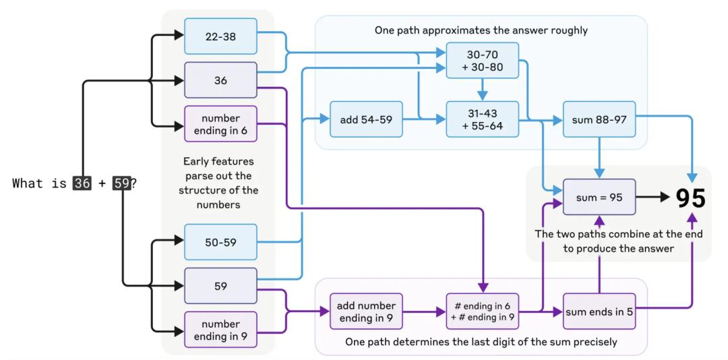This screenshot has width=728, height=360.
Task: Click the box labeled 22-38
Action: (x=220, y=36)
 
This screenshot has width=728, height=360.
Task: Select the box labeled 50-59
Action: (x=220, y=242)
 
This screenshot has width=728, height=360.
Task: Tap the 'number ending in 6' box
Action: (x=220, y=124)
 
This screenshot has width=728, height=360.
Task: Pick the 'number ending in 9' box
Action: (x=220, y=330)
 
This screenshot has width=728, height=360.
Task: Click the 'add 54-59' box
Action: (x=366, y=119)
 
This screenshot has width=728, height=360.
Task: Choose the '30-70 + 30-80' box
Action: (x=483, y=61)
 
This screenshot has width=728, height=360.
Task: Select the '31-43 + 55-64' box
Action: (x=483, y=119)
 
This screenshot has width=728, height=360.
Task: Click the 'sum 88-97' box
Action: (x=599, y=119)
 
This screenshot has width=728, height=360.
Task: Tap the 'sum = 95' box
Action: (x=599, y=197)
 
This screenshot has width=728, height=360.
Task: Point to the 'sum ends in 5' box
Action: (x=599, y=311)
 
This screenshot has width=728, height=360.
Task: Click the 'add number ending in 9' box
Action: (x=366, y=311)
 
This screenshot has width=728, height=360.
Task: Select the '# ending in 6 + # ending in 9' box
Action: (x=483, y=311)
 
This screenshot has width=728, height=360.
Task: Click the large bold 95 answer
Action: (x=691, y=198)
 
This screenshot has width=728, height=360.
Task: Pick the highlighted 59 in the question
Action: (x=122, y=183)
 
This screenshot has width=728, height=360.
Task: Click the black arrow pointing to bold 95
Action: (x=654, y=197)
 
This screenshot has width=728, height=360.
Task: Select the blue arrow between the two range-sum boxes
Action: (x=483, y=90)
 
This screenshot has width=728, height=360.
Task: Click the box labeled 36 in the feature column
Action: (x=220, y=80)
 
